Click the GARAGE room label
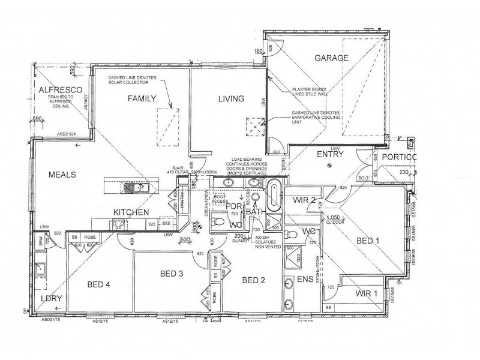tap(330, 58)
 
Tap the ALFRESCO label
tap(56, 90)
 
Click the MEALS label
tap(63, 175)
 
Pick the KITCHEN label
tap(131, 212)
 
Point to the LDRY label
tap(44, 298)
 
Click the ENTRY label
tap(330, 154)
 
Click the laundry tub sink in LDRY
tap(41, 268)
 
